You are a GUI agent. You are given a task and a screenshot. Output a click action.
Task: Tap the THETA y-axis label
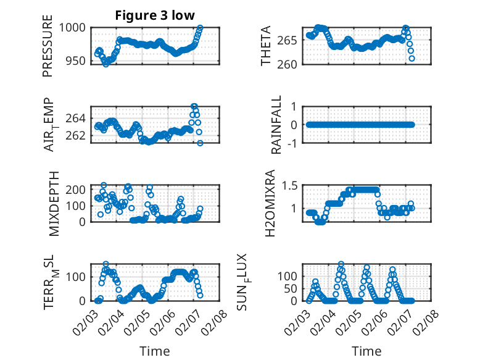[266, 46]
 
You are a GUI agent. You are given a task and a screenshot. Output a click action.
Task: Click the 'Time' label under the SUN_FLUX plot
[366, 351]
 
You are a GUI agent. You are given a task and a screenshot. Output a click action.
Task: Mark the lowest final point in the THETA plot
[412, 58]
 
